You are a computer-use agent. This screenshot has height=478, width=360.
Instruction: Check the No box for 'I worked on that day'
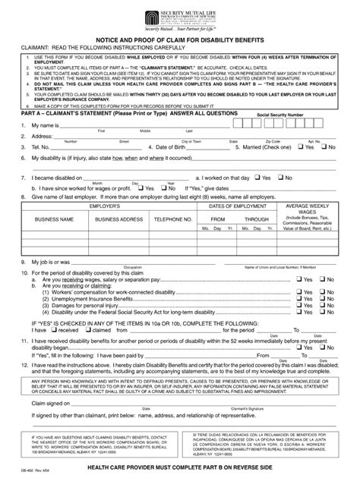[x=280, y=178]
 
